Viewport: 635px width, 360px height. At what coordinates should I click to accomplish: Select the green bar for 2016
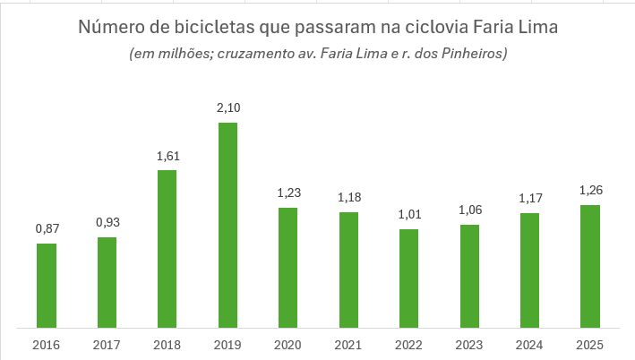pyautogui.click(x=47, y=285)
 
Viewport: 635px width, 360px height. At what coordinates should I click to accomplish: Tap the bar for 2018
pyautogui.click(x=167, y=248)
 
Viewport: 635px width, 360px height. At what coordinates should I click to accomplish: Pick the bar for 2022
pyautogui.click(x=408, y=278)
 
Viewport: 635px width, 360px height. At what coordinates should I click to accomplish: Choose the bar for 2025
pyautogui.click(x=589, y=266)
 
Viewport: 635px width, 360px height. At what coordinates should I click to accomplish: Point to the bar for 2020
pyautogui.click(x=287, y=267)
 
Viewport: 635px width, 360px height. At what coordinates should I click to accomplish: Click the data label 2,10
pyautogui.click(x=227, y=108)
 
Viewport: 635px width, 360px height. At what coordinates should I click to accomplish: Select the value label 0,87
pyautogui.click(x=47, y=229)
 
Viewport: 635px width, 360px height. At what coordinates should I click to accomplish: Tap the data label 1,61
pyautogui.click(x=167, y=156)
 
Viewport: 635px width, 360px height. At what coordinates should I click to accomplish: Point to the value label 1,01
pyautogui.click(x=408, y=215)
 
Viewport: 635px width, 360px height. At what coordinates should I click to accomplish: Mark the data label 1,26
pyautogui.click(x=589, y=191)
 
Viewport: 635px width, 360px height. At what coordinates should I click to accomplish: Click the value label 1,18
pyautogui.click(x=348, y=198)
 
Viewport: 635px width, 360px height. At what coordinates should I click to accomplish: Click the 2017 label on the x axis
pyautogui.click(x=107, y=345)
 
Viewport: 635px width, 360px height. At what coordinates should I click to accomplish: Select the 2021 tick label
pyautogui.click(x=348, y=345)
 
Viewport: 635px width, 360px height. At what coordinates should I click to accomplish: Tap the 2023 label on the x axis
pyautogui.click(x=468, y=345)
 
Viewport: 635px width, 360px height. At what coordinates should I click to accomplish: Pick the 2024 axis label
pyautogui.click(x=529, y=345)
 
